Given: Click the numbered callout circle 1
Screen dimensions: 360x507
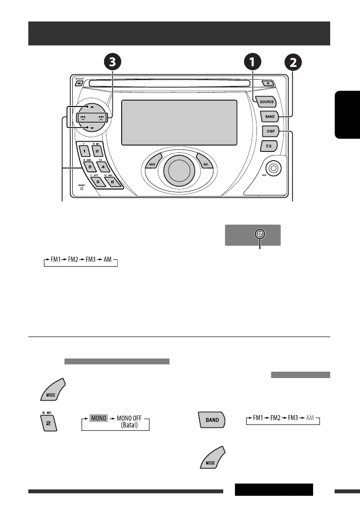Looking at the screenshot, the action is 253,63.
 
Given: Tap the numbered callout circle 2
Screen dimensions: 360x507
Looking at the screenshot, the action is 292,63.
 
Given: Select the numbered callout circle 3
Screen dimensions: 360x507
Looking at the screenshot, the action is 113,63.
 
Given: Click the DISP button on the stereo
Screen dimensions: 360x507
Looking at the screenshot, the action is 269,131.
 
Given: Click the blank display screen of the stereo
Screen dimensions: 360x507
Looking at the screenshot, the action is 179,123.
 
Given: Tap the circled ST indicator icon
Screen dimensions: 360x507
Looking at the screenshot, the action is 260,235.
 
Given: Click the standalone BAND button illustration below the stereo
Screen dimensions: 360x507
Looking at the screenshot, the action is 211,420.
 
